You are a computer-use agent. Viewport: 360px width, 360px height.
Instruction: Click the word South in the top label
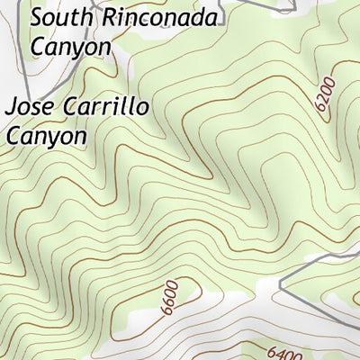point(58,17)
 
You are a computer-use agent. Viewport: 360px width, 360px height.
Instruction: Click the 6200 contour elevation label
point(326,94)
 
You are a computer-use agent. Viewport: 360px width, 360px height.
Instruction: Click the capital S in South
point(36,17)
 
